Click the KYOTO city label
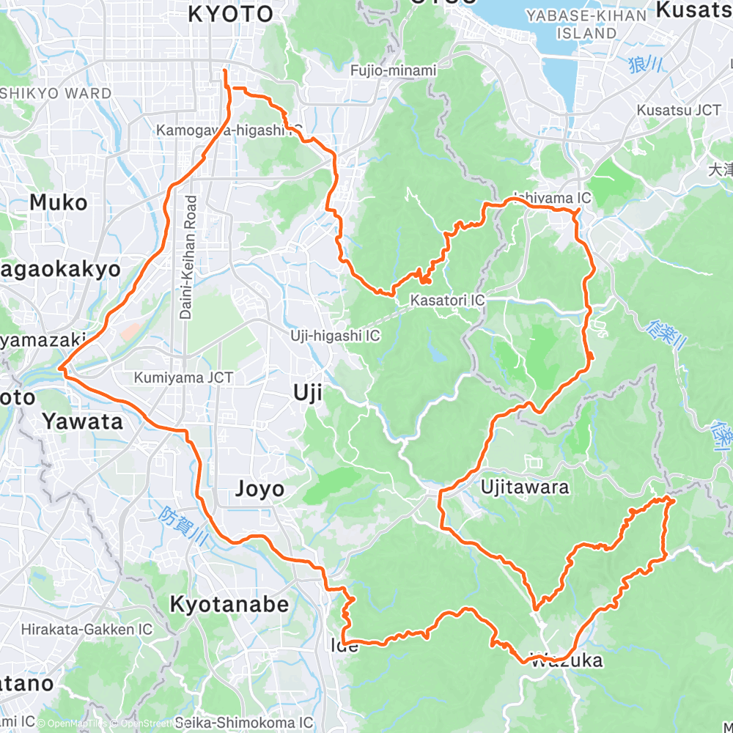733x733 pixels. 230,13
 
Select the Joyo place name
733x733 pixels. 259,489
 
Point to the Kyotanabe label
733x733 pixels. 229,604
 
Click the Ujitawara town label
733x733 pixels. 525,487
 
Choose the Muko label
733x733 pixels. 58,203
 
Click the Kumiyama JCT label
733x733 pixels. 183,378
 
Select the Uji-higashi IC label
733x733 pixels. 334,336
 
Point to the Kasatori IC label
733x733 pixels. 447,301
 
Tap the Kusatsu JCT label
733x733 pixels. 679,110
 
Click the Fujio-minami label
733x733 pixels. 393,71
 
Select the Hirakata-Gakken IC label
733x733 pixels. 86,629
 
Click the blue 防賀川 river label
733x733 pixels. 185,526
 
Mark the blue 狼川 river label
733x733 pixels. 646,65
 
